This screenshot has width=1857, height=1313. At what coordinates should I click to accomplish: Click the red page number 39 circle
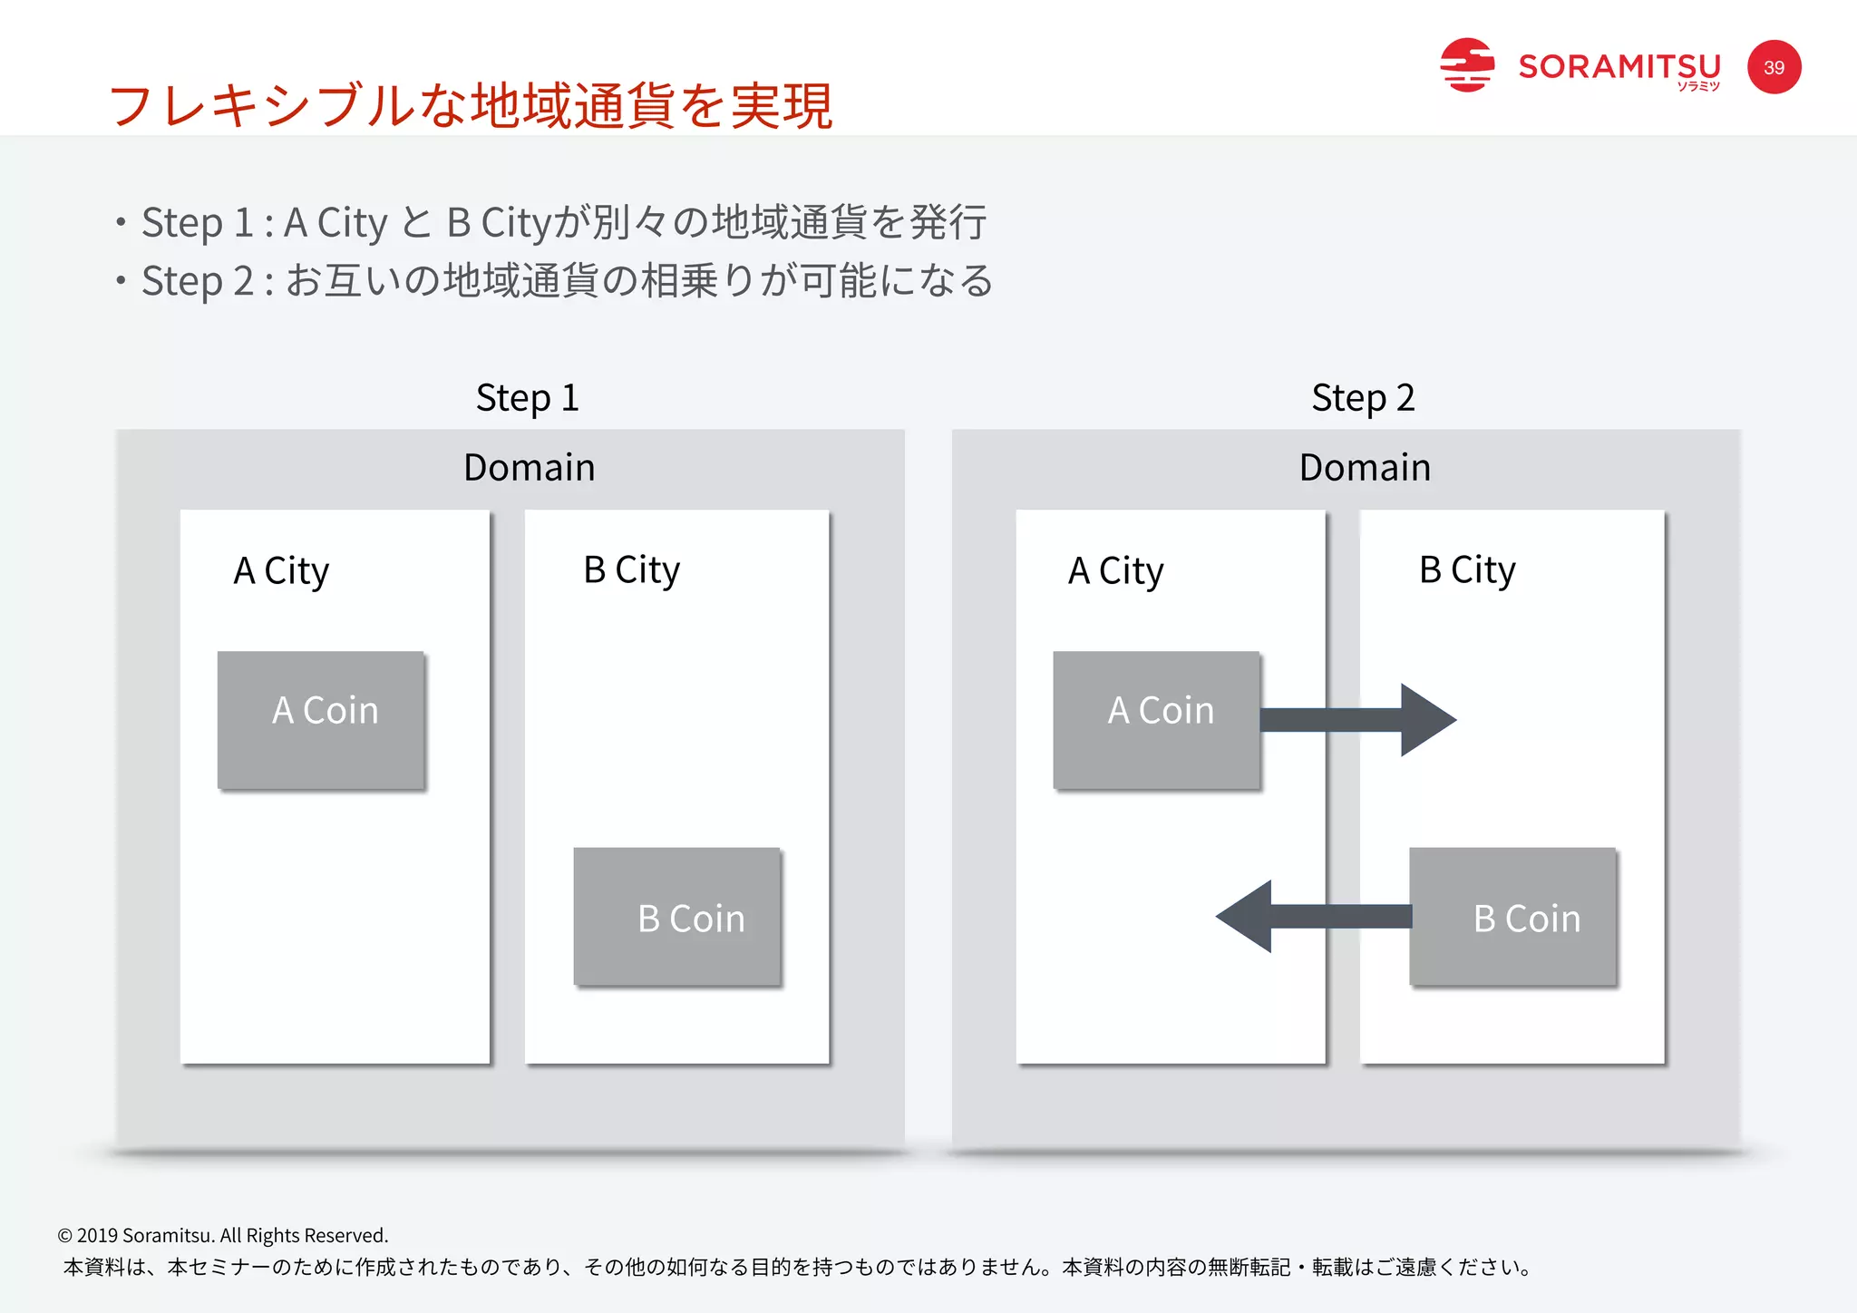(x=1774, y=67)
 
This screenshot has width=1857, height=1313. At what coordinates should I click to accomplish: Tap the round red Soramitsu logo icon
(x=1466, y=65)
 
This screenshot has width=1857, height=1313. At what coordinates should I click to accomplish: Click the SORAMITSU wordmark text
(x=1619, y=67)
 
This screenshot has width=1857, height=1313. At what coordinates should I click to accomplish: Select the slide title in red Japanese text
(x=470, y=105)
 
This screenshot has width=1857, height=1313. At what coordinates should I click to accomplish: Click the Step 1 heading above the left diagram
(x=527, y=398)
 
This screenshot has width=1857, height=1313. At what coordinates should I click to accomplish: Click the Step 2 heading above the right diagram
(x=1363, y=398)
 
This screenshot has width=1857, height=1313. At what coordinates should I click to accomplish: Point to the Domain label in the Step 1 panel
(x=529, y=468)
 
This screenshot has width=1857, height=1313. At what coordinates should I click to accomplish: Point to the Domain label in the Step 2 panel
(x=1365, y=468)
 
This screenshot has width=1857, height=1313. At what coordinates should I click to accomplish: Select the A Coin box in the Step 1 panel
(x=322, y=719)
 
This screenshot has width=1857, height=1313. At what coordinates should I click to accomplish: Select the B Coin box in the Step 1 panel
(x=677, y=916)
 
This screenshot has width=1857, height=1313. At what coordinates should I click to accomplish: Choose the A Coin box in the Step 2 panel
(x=1157, y=719)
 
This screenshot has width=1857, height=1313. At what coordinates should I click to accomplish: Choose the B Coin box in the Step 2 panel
(x=1513, y=916)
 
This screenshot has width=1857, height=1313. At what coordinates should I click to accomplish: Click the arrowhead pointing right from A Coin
(x=1426, y=720)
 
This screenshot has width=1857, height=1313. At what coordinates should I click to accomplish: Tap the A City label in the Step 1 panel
(x=281, y=571)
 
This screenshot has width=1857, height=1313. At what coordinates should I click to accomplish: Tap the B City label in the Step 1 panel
(x=631, y=570)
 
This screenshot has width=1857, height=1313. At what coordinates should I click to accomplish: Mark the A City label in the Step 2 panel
(x=1115, y=571)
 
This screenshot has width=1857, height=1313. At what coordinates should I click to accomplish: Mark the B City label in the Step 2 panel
(x=1467, y=570)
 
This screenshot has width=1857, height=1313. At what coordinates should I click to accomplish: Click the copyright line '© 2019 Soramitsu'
(x=223, y=1235)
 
